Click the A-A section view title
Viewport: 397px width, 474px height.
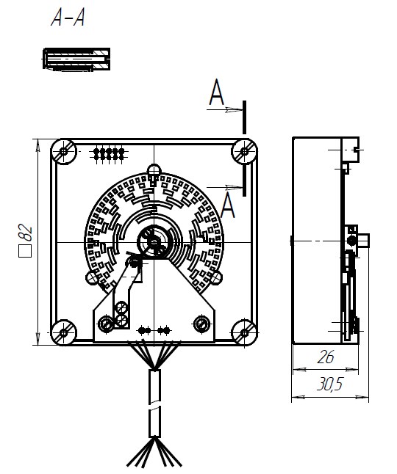(x=68, y=18)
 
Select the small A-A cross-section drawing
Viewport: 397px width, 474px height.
(x=76, y=59)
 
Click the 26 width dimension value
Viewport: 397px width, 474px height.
(x=326, y=357)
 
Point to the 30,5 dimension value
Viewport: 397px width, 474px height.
(x=330, y=384)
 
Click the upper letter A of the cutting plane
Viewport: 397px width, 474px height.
(x=217, y=92)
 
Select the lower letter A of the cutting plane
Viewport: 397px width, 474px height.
(x=227, y=205)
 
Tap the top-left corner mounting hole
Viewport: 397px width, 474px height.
(x=63, y=151)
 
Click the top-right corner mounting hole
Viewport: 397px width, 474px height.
(x=244, y=151)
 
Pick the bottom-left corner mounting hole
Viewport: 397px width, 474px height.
(x=63, y=332)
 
